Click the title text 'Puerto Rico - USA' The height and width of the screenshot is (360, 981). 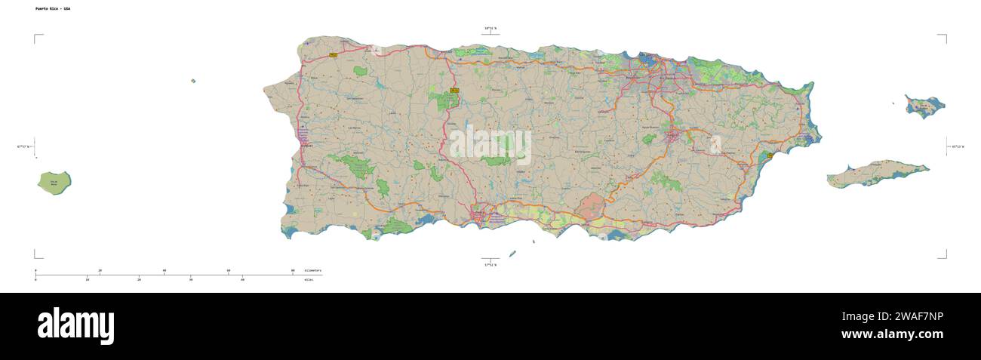coord(52,8)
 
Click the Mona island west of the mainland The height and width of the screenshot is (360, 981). coord(54,182)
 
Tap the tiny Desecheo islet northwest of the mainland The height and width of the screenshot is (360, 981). coord(193,81)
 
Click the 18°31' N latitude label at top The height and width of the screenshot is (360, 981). coord(490,28)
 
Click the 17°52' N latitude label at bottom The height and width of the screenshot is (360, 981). coord(490,265)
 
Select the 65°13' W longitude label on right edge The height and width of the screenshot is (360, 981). coord(956,146)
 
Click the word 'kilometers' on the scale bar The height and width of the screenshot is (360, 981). coord(312,270)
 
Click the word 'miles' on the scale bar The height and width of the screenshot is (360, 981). coord(309,279)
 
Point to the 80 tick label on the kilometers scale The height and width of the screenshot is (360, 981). coord(293,270)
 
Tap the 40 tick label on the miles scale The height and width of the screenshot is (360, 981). coord(242,279)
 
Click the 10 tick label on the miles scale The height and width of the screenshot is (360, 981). coord(88,279)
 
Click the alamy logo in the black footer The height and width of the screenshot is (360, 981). coord(75,326)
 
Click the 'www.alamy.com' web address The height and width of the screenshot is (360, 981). coord(892,334)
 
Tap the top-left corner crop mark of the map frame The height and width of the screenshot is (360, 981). coord(35,35)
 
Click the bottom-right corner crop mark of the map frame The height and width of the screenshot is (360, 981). coord(945,257)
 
